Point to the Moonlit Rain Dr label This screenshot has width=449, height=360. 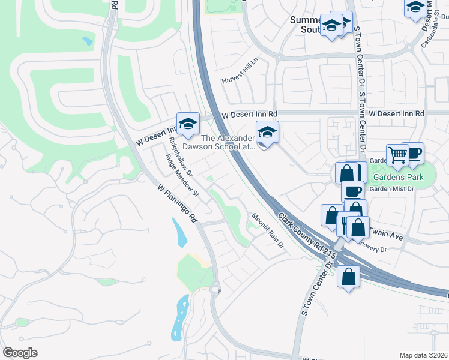click(267, 230)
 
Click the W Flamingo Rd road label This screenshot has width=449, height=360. click(177, 203)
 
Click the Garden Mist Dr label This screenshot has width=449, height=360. click(391, 189)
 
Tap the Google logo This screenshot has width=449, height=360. click(20, 352)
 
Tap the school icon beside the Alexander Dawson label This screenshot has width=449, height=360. click(267, 132)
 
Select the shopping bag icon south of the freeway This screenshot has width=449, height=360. click(348, 277)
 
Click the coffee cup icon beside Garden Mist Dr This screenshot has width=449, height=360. click(352, 191)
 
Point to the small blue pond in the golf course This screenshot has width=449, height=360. click(88, 41)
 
